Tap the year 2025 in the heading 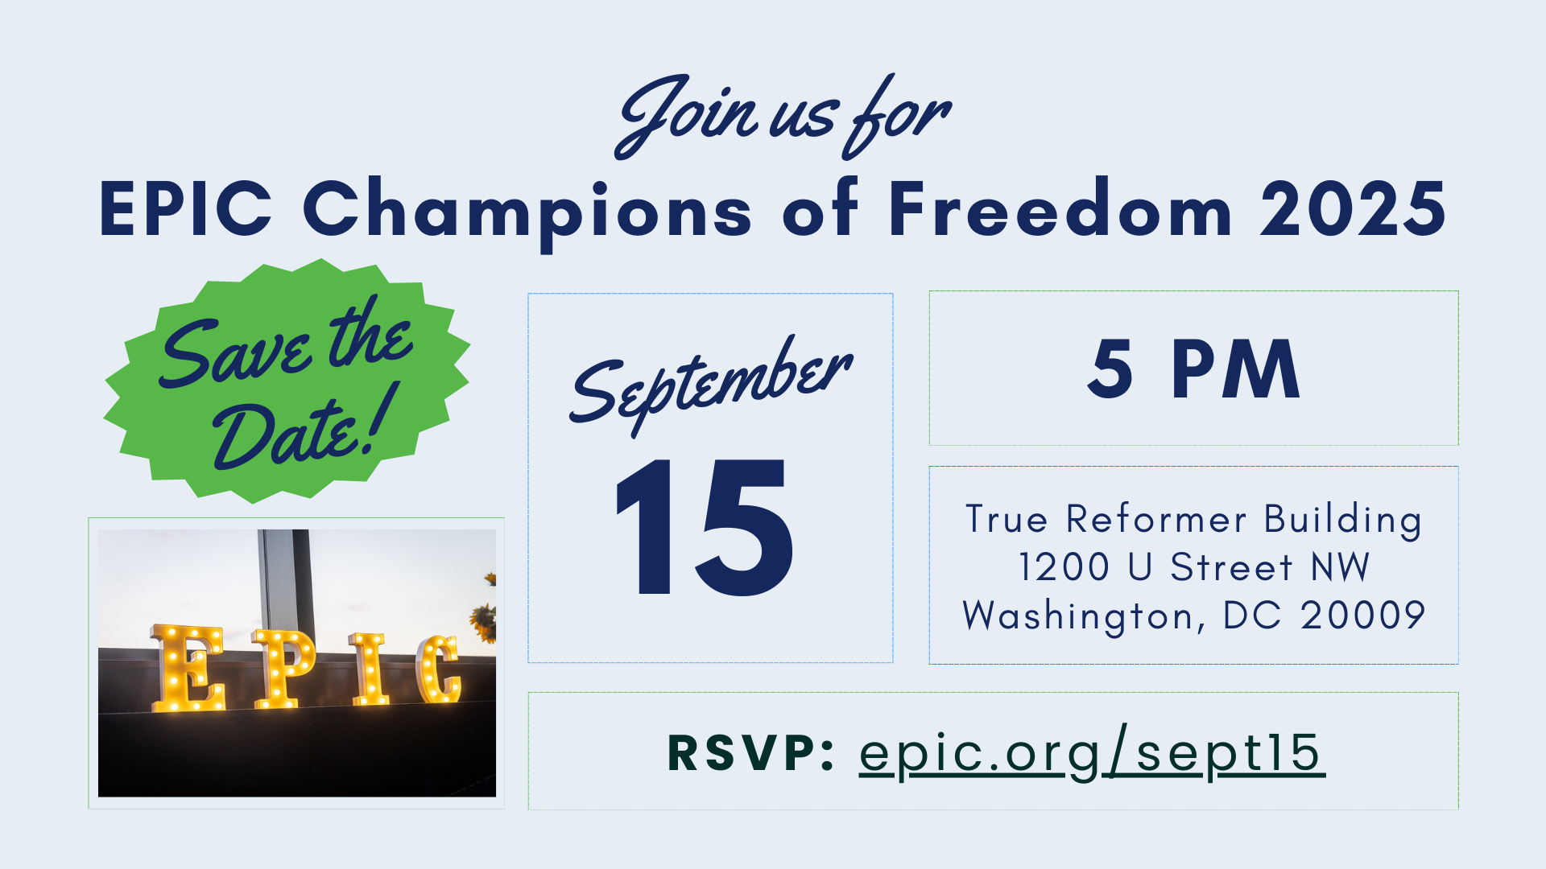coord(1354,209)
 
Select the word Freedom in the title coord(1060,208)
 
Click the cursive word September coord(711,385)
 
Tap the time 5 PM coord(1193,369)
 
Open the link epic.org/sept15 coord(1092,754)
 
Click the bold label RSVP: coord(750,752)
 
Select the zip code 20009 coord(1363,616)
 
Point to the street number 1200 coord(1064,567)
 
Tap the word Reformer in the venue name coord(1156,519)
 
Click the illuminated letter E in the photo coord(188,668)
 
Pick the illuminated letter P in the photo coord(283,668)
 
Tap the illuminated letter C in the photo coord(439,668)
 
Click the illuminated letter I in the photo coord(370,668)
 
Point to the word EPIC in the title coord(186,208)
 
